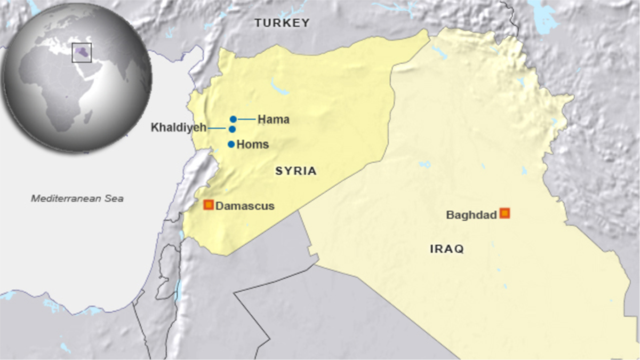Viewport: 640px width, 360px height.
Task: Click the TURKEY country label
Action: point(282,22)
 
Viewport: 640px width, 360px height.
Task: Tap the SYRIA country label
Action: point(295,171)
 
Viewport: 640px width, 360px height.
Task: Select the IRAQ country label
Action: point(446,249)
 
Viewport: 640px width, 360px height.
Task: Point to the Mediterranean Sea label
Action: point(77,198)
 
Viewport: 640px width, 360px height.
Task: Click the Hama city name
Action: point(274,119)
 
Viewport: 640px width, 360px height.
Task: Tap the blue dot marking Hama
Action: point(233,119)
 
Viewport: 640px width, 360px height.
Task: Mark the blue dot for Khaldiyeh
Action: point(233,129)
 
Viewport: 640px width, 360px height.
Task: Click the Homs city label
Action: point(252,145)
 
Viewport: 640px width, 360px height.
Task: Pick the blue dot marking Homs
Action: point(231,144)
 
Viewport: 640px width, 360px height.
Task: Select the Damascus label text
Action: point(245,206)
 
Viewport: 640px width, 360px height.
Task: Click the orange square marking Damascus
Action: point(209,205)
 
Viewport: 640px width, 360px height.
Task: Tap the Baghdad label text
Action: point(471,215)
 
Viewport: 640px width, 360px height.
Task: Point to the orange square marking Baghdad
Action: point(505,213)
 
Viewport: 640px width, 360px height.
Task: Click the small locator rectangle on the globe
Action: point(82,53)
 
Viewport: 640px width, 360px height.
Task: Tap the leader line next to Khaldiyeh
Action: point(218,129)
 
